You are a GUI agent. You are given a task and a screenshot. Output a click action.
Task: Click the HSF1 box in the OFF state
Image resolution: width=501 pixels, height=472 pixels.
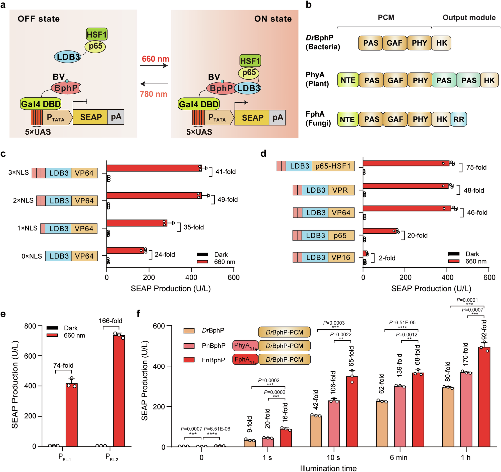(x=96, y=34)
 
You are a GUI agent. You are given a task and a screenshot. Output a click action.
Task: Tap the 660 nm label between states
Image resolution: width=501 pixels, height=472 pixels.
(x=155, y=59)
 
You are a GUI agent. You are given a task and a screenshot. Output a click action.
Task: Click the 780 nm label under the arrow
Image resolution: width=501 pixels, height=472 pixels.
(x=154, y=94)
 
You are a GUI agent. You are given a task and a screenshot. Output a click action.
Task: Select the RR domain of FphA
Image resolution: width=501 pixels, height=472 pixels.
(x=458, y=119)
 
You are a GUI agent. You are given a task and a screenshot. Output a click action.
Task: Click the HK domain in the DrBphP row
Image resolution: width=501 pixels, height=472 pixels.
(x=441, y=43)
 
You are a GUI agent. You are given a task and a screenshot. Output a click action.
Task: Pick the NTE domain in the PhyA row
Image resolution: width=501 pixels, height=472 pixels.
(x=348, y=80)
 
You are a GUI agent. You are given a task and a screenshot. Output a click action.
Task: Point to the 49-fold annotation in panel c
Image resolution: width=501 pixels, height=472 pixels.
(x=227, y=200)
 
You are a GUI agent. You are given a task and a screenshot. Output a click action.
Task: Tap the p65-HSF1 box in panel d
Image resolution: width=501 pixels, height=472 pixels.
(x=333, y=166)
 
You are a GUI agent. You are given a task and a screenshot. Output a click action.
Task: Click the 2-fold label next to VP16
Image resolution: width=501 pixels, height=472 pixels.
(x=387, y=258)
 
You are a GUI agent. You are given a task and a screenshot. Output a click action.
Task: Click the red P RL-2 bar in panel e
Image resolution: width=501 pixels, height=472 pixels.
(x=119, y=390)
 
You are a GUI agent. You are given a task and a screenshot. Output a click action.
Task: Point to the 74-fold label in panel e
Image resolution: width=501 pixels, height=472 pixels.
(x=63, y=365)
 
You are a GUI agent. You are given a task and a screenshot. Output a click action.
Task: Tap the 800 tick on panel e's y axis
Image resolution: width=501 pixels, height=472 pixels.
(x=30, y=326)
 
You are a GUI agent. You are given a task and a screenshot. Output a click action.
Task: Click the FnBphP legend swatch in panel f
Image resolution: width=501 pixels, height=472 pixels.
(x=189, y=360)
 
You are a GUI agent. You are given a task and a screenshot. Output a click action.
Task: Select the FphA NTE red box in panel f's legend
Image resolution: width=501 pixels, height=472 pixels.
(x=245, y=359)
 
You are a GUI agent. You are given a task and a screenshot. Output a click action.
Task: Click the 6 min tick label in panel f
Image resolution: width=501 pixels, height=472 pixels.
(x=399, y=457)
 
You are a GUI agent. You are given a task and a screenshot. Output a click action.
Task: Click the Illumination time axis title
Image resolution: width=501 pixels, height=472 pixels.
(x=328, y=468)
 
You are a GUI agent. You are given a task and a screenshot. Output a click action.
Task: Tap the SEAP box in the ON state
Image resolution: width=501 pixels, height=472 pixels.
(x=252, y=118)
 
